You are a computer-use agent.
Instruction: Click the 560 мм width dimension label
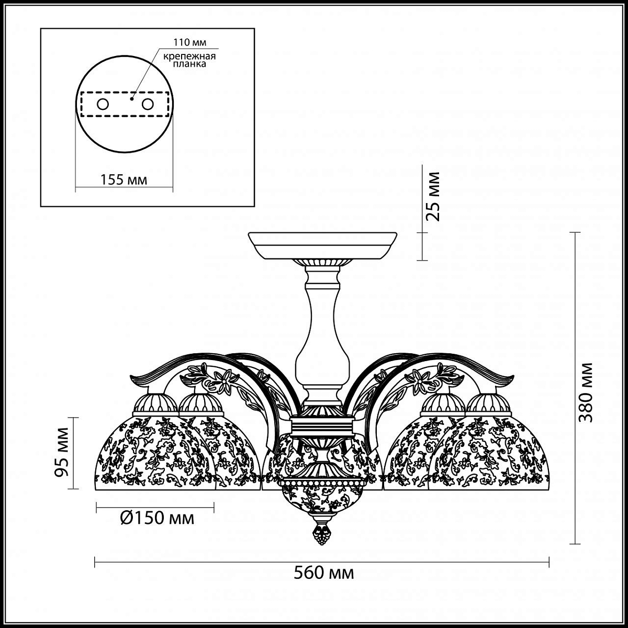(x=323, y=573)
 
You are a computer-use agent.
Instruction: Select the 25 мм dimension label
(x=433, y=196)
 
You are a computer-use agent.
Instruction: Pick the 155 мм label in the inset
(x=124, y=180)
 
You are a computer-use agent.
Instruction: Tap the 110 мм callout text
(x=189, y=42)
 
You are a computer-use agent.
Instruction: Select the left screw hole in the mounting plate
(x=103, y=105)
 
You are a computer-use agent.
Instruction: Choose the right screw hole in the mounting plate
(x=147, y=105)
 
